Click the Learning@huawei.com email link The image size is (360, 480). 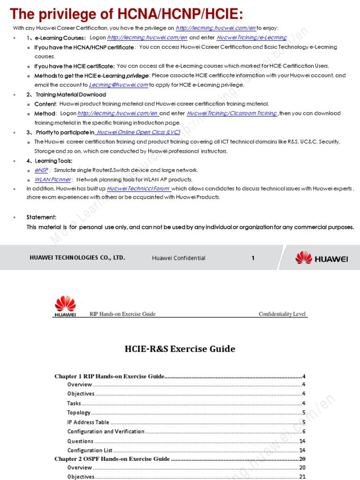pyautogui.click(x=118, y=85)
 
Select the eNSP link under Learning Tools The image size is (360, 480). pyautogui.click(x=41, y=170)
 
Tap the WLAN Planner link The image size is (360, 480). pyautogui.click(x=53, y=180)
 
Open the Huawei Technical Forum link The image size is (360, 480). pyautogui.click(x=139, y=188)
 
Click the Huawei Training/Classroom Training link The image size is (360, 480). pyautogui.click(x=232, y=113)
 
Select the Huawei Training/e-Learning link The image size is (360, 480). pyautogui.click(x=252, y=37)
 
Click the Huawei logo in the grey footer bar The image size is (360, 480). pyautogui.click(x=321, y=258)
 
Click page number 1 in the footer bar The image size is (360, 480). pyautogui.click(x=253, y=258)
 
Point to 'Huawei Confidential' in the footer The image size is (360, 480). pyautogui.click(x=179, y=258)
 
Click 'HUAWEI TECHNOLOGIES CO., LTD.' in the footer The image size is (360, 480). pyautogui.click(x=77, y=258)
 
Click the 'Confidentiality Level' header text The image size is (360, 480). pyautogui.click(x=282, y=314)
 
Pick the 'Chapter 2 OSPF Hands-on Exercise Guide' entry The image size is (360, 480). pyautogui.click(x=112, y=459)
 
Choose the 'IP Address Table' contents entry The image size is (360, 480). pyautogui.click(x=88, y=422)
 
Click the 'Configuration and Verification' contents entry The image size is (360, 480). pyautogui.click(x=105, y=431)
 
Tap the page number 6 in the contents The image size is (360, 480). pyautogui.click(x=304, y=431)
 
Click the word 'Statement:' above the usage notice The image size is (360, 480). pyautogui.click(x=41, y=217)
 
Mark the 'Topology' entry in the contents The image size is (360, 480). pyautogui.click(x=79, y=412)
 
